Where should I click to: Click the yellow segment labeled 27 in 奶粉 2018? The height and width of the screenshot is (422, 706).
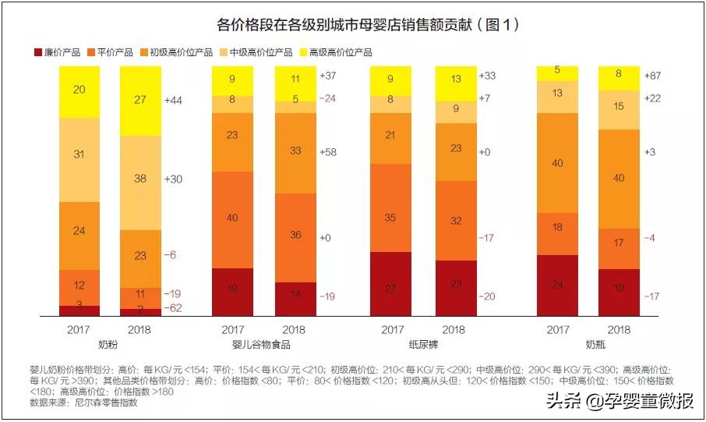pyautogui.click(x=140, y=101)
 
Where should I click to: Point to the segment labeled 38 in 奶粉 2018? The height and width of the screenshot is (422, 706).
pyautogui.click(x=140, y=179)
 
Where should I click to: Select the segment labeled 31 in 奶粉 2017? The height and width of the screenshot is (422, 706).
pyautogui.click(x=79, y=155)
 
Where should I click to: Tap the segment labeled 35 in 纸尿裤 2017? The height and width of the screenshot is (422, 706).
pyautogui.click(x=390, y=218)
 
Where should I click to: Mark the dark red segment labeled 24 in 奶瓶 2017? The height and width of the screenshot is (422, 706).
pyautogui.click(x=558, y=285)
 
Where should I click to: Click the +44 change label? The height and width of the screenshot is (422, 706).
pyautogui.click(x=173, y=101)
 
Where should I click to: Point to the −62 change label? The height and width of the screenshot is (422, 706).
pyautogui.click(x=173, y=309)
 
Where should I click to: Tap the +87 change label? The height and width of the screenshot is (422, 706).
pyautogui.click(x=654, y=75)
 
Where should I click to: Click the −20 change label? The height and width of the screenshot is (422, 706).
pyautogui.click(x=489, y=296)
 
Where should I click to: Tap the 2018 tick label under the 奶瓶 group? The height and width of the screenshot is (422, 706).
pyautogui.click(x=619, y=329)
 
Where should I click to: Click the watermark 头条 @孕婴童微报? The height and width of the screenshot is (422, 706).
pyautogui.click(x=620, y=402)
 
